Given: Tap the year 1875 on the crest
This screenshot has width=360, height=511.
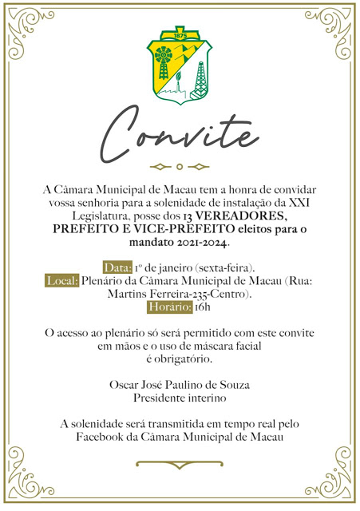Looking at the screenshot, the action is (x=180, y=37).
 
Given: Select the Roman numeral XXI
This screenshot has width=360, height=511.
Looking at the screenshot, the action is (x=306, y=204).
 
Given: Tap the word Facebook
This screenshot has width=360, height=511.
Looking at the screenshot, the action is (x=100, y=436).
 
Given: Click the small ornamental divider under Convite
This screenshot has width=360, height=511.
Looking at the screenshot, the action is (x=180, y=167).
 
